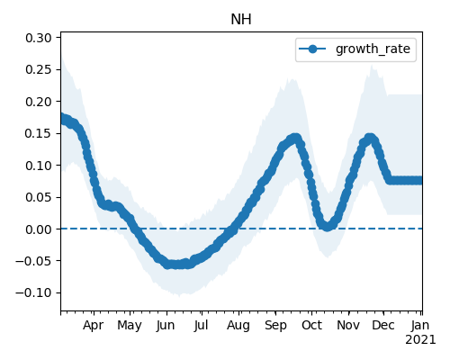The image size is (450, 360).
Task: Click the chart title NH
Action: pyautogui.click(x=241, y=20)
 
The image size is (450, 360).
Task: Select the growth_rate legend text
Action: pyautogui.click(x=373, y=49)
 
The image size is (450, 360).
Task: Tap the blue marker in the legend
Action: pyautogui.click(x=312, y=49)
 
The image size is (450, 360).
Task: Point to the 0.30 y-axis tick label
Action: pyautogui.click(x=39, y=38)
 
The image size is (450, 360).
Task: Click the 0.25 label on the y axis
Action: pyautogui.click(x=39, y=69)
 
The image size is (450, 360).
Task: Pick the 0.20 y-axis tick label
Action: pyautogui.click(x=39, y=102)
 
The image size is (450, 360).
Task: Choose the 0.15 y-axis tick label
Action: pyautogui.click(x=39, y=133)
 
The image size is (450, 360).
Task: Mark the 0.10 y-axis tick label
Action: pyautogui.click(x=39, y=166)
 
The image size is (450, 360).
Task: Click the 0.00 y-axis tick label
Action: pyautogui.click(x=39, y=229)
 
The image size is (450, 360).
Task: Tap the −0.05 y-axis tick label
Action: pyautogui.click(x=34, y=261)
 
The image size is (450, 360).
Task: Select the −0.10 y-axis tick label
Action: pyautogui.click(x=34, y=292)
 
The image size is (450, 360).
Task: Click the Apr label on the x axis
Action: pyautogui.click(x=94, y=325)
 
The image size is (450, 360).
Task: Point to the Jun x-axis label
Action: pyautogui.click(x=166, y=325)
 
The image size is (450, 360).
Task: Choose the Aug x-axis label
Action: pyautogui.click(x=238, y=325)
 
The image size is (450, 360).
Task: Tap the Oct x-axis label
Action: pyautogui.click(x=311, y=325)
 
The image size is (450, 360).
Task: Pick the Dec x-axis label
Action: pyautogui.click(x=383, y=325)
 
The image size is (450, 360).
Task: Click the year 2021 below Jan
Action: pyautogui.click(x=420, y=340)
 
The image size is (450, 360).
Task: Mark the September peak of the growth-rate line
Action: pyautogui.click(x=295, y=139)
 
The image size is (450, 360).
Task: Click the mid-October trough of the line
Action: pyautogui.click(x=328, y=227)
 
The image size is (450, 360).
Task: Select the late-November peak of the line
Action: pyautogui.click(x=370, y=139)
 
